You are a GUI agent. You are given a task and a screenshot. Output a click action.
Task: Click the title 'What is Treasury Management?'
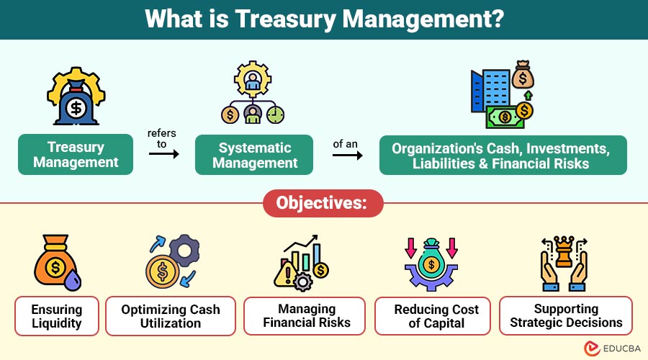(x=323, y=19)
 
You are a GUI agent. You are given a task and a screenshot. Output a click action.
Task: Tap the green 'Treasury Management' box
(x=76, y=154)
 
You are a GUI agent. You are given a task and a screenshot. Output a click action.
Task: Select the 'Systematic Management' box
(x=254, y=154)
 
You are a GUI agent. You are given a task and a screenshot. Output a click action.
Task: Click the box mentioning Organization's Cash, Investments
(x=503, y=154)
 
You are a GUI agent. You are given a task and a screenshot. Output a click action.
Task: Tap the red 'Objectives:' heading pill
(x=323, y=203)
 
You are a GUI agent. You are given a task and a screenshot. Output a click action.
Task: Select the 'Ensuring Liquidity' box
(x=56, y=316)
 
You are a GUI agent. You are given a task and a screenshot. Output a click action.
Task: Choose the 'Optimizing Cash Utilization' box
(x=171, y=316)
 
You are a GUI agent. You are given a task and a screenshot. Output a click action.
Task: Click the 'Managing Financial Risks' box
(x=307, y=316)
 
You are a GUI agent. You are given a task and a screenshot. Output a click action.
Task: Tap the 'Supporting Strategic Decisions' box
(x=566, y=316)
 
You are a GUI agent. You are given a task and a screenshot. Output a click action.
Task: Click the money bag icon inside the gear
(x=76, y=98)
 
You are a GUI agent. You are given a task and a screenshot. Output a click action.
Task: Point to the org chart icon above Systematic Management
(x=253, y=96)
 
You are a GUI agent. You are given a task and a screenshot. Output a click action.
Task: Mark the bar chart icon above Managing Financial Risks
(x=307, y=261)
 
